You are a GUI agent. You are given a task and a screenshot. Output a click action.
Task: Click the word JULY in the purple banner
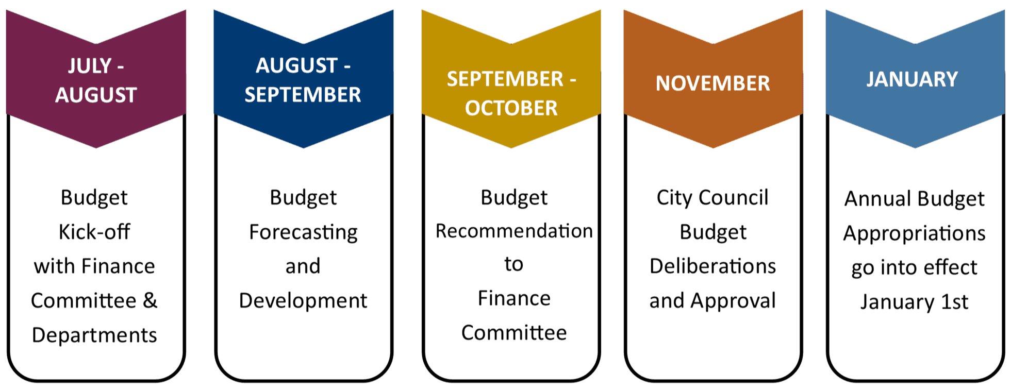pyautogui.click(x=90, y=66)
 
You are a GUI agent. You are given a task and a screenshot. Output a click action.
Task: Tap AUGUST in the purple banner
pyautogui.click(x=96, y=95)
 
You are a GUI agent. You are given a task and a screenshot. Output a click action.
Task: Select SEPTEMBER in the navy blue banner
pyautogui.click(x=303, y=95)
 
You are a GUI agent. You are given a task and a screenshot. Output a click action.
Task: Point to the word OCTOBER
pyautogui.click(x=511, y=108)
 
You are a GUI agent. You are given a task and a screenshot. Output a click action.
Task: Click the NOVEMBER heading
pyautogui.click(x=712, y=83)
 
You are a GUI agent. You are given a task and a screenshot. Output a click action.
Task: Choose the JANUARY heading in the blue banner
pyautogui.click(x=911, y=79)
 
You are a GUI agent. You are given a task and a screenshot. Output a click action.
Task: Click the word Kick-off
pyautogui.click(x=94, y=232)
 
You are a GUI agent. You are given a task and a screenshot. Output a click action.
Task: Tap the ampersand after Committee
pyautogui.click(x=150, y=300)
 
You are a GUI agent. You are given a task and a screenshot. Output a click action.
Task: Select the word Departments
pyautogui.click(x=94, y=335)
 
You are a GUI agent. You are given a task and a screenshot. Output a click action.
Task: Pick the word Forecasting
pyautogui.click(x=303, y=232)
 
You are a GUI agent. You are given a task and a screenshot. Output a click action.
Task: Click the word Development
pyautogui.click(x=303, y=301)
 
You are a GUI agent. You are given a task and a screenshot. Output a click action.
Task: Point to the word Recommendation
pyautogui.click(x=514, y=231)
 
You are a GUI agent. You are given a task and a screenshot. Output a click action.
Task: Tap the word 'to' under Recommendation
pyautogui.click(x=513, y=264)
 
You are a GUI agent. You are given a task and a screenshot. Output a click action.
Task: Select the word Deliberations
pyautogui.click(x=712, y=266)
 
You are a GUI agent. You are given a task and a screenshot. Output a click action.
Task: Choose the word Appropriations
pyautogui.click(x=914, y=233)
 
